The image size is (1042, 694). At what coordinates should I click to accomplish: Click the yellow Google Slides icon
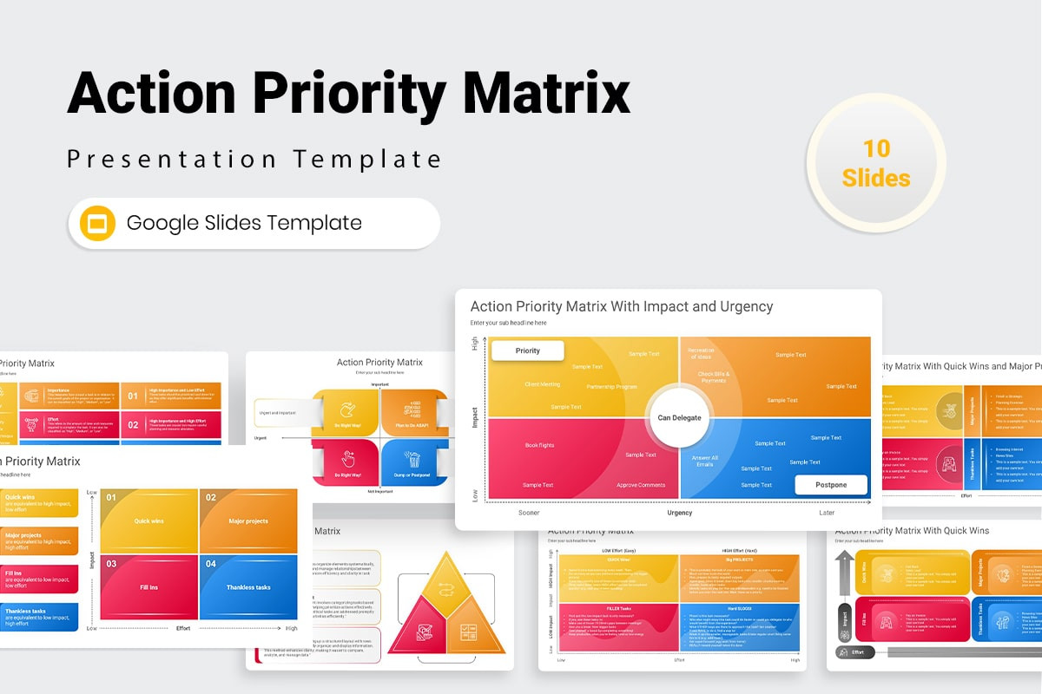97,223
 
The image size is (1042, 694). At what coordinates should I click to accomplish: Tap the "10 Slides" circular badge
875,163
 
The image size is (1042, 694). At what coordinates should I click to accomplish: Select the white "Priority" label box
527,350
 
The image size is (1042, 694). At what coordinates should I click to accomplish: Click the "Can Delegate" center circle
679,417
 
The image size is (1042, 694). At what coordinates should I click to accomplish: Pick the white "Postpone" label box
831,485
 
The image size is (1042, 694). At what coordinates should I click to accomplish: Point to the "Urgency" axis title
679,513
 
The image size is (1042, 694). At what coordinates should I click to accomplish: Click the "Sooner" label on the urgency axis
529,513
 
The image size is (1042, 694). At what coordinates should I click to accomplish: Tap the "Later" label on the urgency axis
827,513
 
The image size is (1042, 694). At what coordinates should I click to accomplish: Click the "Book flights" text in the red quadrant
539,445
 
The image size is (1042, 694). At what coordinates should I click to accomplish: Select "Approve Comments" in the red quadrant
640,485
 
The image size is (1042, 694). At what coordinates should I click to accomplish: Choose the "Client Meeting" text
542,384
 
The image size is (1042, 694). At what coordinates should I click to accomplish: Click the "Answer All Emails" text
704,461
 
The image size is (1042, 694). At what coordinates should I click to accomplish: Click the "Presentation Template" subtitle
254,160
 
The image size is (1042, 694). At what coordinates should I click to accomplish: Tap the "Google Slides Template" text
244,223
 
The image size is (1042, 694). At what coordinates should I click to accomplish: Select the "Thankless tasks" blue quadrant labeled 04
248,587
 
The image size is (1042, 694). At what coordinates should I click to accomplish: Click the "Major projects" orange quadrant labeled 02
248,521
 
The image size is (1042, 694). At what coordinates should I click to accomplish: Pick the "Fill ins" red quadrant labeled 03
149,587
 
